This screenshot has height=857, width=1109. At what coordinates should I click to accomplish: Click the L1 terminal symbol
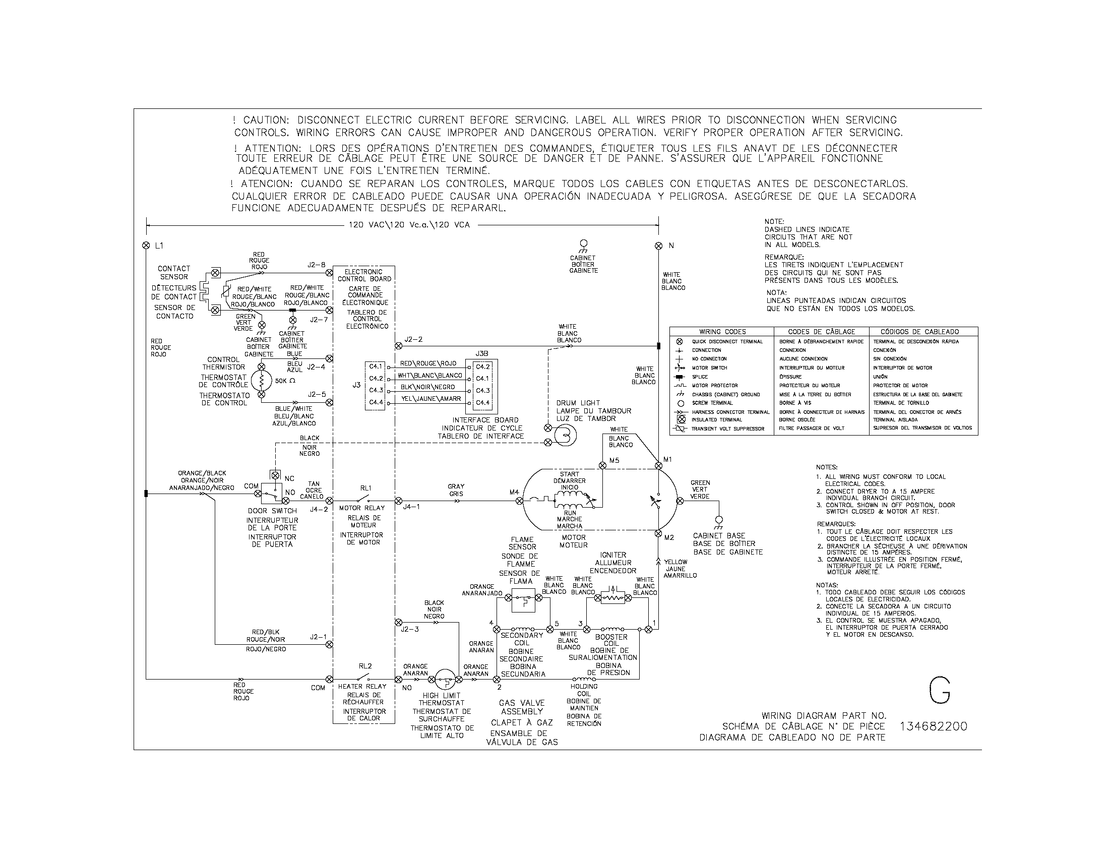pos(146,246)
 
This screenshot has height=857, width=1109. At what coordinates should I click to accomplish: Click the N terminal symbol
pos(659,246)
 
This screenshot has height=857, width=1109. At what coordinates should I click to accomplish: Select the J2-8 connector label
pos(317,265)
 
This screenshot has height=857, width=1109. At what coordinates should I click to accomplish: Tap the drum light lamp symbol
pos(565,434)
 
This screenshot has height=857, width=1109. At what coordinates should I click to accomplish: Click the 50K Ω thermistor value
pos(285,380)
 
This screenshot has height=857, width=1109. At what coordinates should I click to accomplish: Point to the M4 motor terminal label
pos(514,492)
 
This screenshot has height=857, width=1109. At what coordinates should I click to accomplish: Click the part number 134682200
pos(933,726)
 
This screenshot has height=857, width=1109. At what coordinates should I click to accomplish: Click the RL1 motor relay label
pos(365,488)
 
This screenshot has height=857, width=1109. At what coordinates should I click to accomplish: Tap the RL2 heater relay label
pos(365,666)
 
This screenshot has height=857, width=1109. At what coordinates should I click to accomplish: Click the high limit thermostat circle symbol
pos(445,679)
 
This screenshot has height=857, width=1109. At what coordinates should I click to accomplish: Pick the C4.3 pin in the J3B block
pos(482,390)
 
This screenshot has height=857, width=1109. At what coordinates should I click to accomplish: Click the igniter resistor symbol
pos(613,598)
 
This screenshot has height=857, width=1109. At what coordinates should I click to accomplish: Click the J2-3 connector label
pos(410,630)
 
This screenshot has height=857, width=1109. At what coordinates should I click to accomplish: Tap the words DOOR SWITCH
pos(272,511)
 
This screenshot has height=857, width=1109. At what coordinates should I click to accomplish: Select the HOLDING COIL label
pos(584,690)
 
